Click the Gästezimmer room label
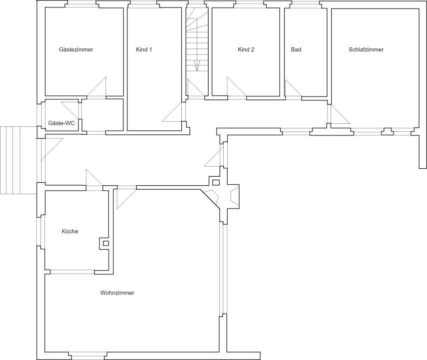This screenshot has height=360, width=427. tap(76, 49)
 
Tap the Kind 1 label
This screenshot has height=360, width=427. tap(144, 49)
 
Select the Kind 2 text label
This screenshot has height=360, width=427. tap(246, 49)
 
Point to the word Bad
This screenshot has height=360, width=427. tap(296, 49)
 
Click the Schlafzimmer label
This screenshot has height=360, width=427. tap(366, 49)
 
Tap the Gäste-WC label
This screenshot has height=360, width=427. tap(61, 123)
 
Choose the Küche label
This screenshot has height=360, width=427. tap(70, 232)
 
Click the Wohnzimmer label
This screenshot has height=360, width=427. tap(117, 293)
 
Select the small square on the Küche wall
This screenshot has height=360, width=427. tap(105, 243)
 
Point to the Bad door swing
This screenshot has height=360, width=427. tap(292, 89)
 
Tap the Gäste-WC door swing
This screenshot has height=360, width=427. tap(70, 110)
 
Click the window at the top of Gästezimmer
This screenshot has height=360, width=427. tap(82, 5)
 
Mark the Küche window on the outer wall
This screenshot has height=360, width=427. tap(41, 233)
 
